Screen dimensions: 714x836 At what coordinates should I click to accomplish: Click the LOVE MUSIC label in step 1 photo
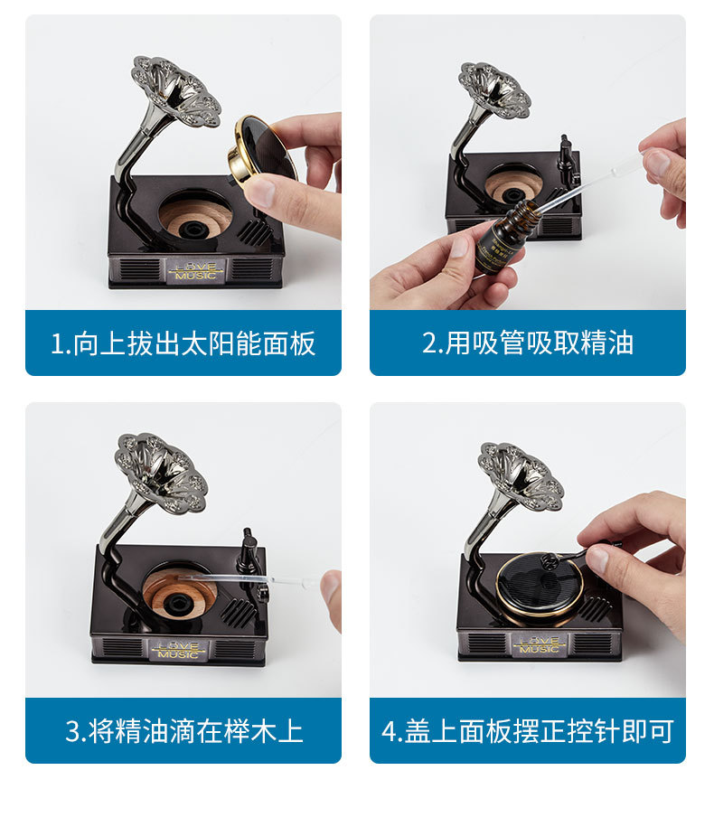coord(196,270)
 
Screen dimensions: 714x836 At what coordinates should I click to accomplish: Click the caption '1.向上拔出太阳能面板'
coord(183,343)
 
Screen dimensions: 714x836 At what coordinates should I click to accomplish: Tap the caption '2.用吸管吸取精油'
coord(528,343)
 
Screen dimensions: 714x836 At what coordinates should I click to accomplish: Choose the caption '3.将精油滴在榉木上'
coord(183,731)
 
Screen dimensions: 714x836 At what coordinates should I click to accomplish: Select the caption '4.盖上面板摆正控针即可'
coord(528,731)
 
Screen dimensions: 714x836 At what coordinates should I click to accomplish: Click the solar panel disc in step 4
coord(540,587)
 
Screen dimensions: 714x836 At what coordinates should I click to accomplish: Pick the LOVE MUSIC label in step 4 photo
coord(539,644)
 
